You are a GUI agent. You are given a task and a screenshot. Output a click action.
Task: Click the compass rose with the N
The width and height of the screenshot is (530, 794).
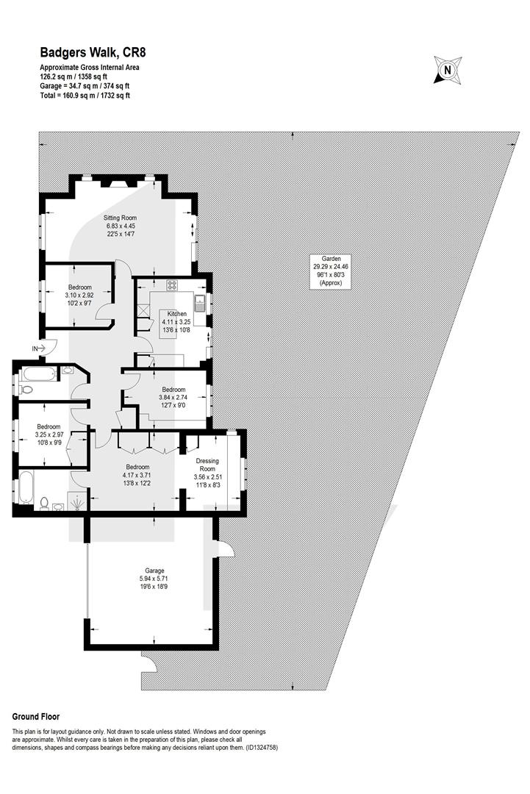click(448, 71)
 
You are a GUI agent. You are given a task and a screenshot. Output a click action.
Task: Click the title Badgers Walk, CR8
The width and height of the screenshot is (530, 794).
click(93, 53)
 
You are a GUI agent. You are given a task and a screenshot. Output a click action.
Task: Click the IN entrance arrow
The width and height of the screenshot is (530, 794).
click(40, 348)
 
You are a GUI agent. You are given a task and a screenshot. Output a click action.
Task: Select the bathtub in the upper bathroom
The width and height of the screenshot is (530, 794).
click(38, 375)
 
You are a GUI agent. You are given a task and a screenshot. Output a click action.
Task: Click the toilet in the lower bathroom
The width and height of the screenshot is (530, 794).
click(45, 504)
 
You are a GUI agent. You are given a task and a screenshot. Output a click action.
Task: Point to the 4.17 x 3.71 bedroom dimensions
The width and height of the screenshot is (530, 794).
click(137, 475)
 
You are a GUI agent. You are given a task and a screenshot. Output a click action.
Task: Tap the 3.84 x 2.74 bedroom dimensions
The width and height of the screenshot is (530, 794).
click(173, 398)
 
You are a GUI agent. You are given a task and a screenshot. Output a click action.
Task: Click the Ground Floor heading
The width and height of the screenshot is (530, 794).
click(36, 717)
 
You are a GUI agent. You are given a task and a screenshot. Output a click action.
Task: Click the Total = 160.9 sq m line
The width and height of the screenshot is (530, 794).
click(85, 95)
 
